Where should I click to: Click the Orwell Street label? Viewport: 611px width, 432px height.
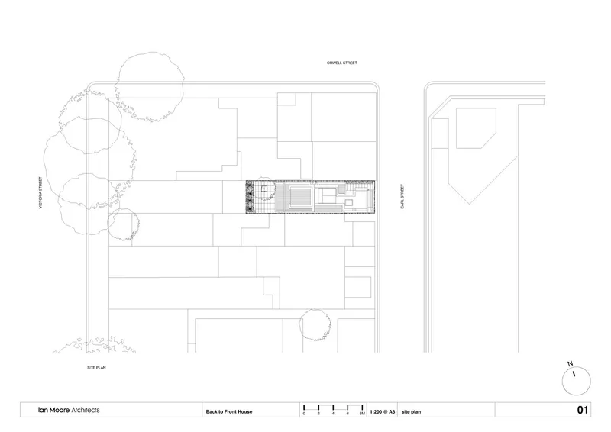pyautogui.click(x=341, y=63)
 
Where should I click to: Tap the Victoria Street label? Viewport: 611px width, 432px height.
pyautogui.click(x=40, y=193)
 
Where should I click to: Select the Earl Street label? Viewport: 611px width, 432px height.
pyautogui.click(x=402, y=196)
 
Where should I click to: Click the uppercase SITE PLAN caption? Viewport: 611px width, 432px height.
pyautogui.click(x=96, y=368)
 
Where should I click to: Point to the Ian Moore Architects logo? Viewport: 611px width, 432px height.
pyautogui.click(x=69, y=410)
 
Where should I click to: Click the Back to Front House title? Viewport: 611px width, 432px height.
pyautogui.click(x=229, y=411)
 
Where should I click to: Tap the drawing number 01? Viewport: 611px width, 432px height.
pyautogui.click(x=582, y=410)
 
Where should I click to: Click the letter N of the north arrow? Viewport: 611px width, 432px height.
pyautogui.click(x=570, y=364)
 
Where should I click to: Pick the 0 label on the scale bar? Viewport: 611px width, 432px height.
pyautogui.click(x=304, y=414)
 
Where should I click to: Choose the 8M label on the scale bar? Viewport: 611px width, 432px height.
pyautogui.click(x=362, y=414)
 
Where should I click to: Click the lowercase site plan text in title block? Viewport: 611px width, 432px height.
pyautogui.click(x=411, y=411)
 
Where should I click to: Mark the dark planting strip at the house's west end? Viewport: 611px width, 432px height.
pyautogui.click(x=250, y=197)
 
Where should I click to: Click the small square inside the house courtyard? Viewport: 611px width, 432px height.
pyautogui.click(x=264, y=189)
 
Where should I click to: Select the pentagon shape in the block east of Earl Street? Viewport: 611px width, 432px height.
pyautogui.click(x=476, y=128)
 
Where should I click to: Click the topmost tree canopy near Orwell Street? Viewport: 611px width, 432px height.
pyautogui.click(x=150, y=86)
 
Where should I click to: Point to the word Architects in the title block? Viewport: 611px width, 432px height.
pyautogui.click(x=86, y=410)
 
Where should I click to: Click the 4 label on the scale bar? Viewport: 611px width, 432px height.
pyautogui.click(x=333, y=414)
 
